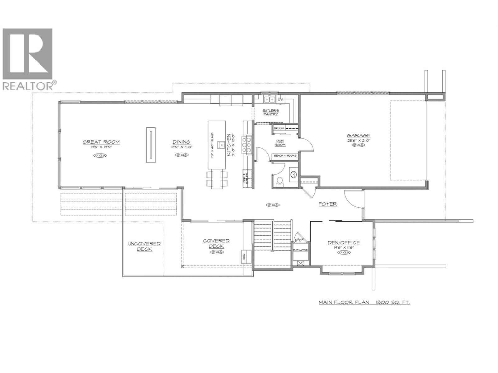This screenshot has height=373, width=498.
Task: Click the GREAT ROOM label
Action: (x=101, y=142)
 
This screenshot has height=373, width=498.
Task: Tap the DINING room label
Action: (x=182, y=142)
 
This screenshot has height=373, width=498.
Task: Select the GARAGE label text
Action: (x=359, y=135)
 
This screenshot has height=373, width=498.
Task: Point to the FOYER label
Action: (x=327, y=204)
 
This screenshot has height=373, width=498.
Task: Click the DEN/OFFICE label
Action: (x=344, y=243)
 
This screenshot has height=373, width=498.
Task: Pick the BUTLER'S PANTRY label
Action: (x=270, y=112)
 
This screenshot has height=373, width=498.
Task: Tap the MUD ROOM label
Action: (x=280, y=143)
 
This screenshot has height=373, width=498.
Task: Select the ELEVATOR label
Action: (x=300, y=250)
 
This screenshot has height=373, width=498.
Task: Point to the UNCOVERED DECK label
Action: (x=144, y=246)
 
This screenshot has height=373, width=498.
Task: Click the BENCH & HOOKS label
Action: (x=285, y=155)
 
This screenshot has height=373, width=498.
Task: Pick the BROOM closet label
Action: (x=279, y=128)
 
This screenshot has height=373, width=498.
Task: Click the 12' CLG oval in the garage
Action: (x=359, y=145)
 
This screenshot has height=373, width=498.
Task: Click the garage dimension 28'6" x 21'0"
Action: (x=359, y=140)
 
